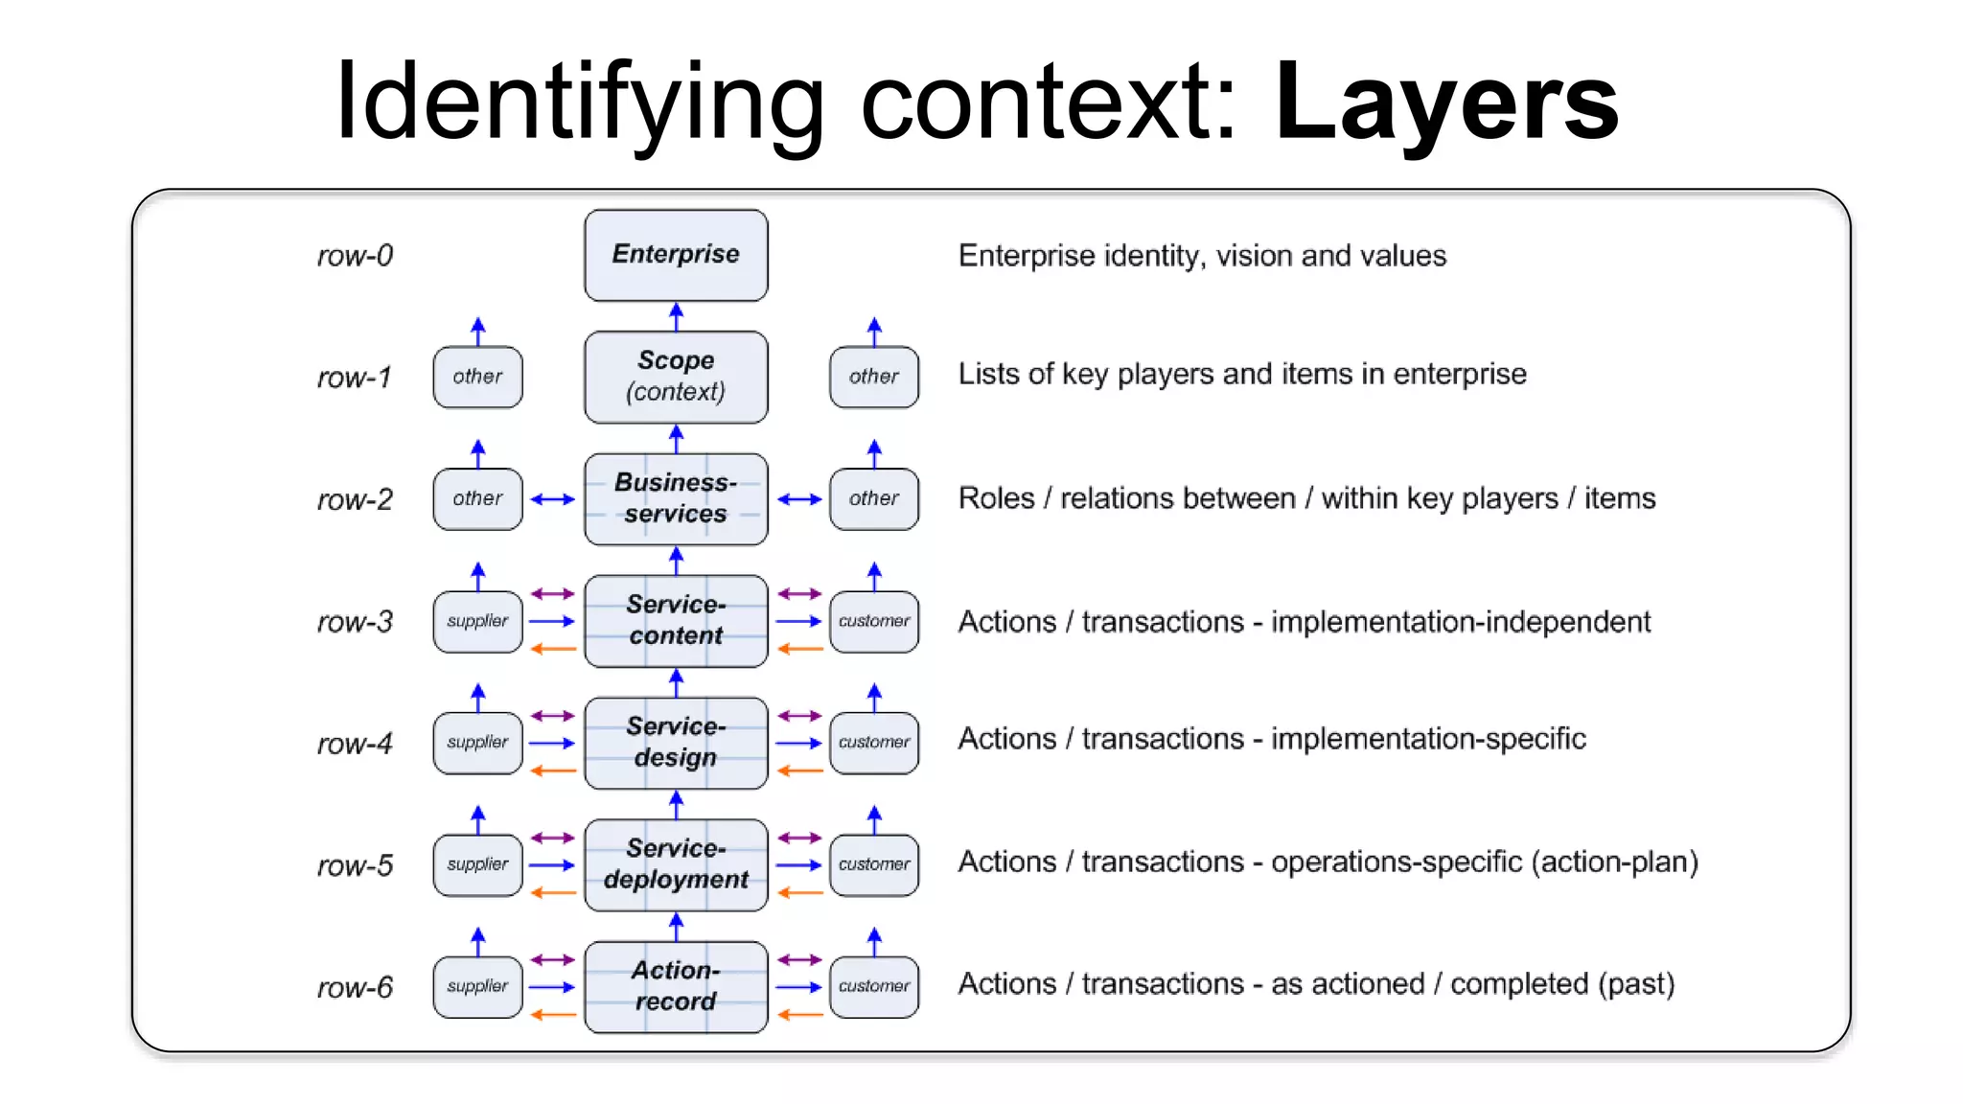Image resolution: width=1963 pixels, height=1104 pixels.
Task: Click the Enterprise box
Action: coord(676,255)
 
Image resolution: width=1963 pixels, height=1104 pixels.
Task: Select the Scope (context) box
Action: coord(676,377)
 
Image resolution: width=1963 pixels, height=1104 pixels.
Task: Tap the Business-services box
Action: coord(676,498)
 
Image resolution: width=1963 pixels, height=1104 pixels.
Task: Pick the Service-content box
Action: coord(676,620)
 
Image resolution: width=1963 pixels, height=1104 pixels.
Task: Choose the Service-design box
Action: coord(676,743)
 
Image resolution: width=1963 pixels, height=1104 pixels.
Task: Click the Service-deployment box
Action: coord(676,864)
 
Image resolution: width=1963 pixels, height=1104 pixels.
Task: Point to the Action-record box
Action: coord(676,986)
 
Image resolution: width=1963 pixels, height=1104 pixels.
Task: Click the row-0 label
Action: coord(355,256)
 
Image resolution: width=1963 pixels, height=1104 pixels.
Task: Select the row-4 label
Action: coord(355,744)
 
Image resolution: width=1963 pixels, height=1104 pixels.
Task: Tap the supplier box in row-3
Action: coord(477,621)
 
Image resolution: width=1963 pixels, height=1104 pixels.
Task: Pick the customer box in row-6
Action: coord(874,986)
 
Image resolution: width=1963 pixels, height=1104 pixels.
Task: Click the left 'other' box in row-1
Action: coord(477,377)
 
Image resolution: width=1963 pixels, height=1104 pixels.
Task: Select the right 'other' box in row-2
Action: coord(874,498)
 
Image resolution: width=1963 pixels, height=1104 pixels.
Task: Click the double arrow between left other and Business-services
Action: coord(553,499)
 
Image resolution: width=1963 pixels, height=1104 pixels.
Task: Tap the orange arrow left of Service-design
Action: coord(553,770)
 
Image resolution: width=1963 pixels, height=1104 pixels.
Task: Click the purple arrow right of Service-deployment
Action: coord(799,839)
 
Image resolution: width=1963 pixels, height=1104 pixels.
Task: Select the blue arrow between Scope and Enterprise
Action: coord(676,316)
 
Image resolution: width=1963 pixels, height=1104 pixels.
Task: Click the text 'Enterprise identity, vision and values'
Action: coord(1202,256)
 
